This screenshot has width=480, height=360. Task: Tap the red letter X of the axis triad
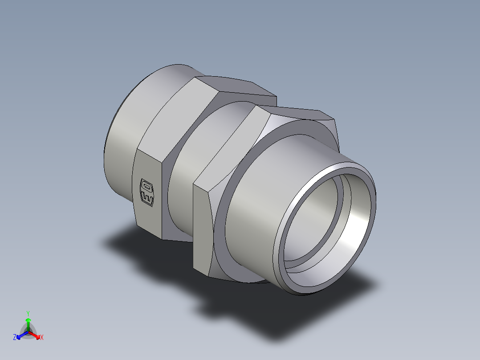tap(42, 338)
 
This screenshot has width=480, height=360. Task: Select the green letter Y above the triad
tap(28, 313)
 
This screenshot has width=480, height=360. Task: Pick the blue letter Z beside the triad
tap(15, 338)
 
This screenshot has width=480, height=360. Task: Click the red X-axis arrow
tap(36, 335)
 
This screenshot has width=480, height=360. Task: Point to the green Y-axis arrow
tap(28, 323)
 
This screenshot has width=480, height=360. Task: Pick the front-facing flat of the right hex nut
tap(203, 227)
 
